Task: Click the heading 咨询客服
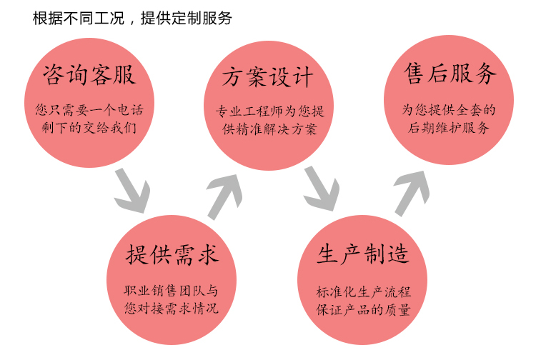(x=89, y=74)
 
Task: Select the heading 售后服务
(x=450, y=74)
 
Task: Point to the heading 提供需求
(x=172, y=255)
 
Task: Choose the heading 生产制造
(x=363, y=255)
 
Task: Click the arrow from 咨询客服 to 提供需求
(x=131, y=189)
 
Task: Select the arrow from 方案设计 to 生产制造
(x=321, y=189)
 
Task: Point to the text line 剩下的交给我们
(x=89, y=129)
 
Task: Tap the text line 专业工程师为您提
(x=269, y=112)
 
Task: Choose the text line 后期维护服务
(x=449, y=129)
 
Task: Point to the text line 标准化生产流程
(x=364, y=291)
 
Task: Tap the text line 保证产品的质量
(x=364, y=309)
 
